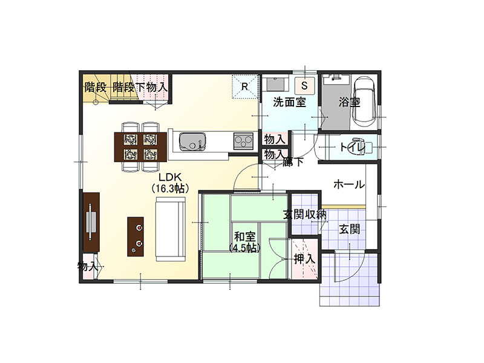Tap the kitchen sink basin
192,142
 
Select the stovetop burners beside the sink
243,141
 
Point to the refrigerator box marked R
245,87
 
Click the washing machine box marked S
304,85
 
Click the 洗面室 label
289,102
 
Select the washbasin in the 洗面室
276,83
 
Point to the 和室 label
244,237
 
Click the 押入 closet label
305,259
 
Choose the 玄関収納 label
305,214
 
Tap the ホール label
349,185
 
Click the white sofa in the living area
171,229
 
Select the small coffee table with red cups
136,237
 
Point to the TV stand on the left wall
91,222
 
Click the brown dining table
140,147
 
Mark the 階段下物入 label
140,87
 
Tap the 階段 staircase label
96,87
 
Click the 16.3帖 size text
170,188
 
